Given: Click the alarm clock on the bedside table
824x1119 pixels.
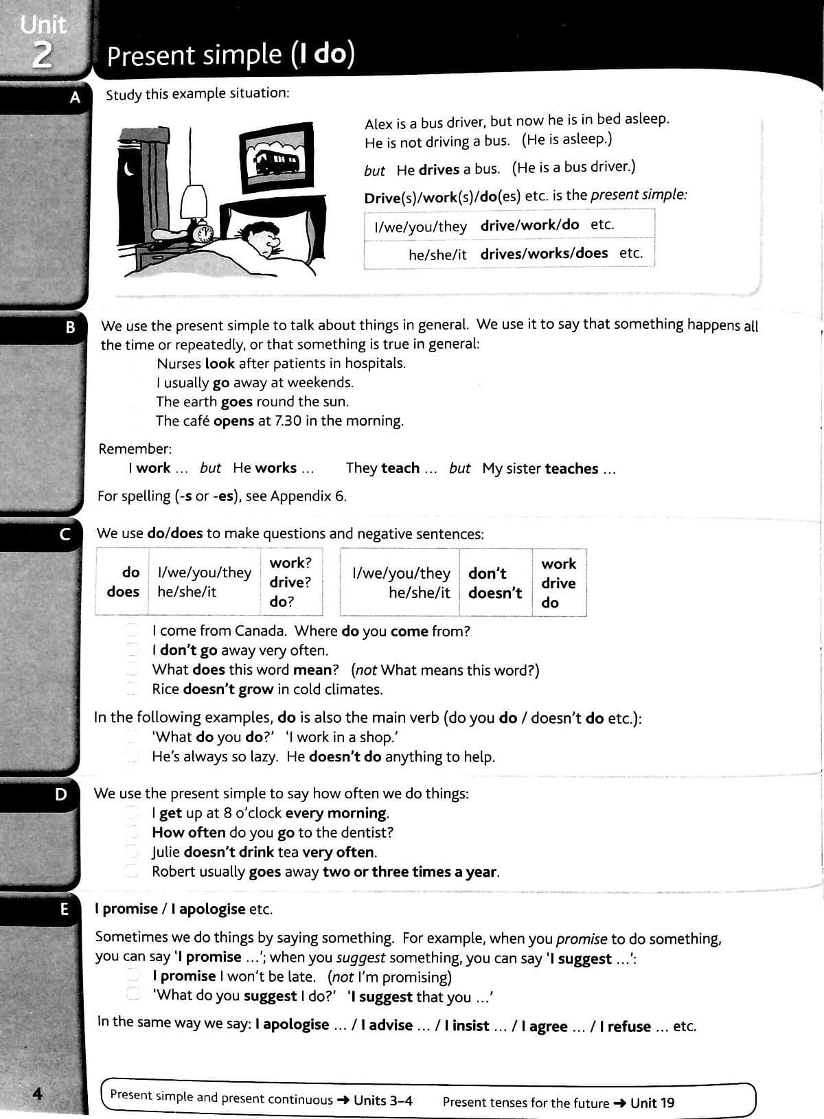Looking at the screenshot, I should pos(204,234).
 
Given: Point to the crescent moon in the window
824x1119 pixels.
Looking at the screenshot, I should pos(128,168).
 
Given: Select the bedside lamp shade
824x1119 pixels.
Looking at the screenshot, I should pos(194,201).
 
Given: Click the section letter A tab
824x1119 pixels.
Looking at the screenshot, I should pos(75,97).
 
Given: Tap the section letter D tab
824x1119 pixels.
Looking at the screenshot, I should pos(61,794).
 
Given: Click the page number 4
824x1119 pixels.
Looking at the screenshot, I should pos(38,1093).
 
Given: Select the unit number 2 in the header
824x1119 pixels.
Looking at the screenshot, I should pos(42,56).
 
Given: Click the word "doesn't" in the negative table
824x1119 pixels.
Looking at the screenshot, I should pos(494,592).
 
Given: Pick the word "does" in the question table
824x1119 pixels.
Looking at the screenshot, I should pos(123,591).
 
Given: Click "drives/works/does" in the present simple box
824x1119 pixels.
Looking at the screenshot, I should pos(544,253).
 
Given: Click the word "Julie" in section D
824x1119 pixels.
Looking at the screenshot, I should pos(165,852).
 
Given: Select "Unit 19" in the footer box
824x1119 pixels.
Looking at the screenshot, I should pos(652,1103).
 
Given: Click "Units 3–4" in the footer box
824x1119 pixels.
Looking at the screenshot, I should pos(383,1100).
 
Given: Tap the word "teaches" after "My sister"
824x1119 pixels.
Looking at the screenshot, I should pos(571,469).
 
